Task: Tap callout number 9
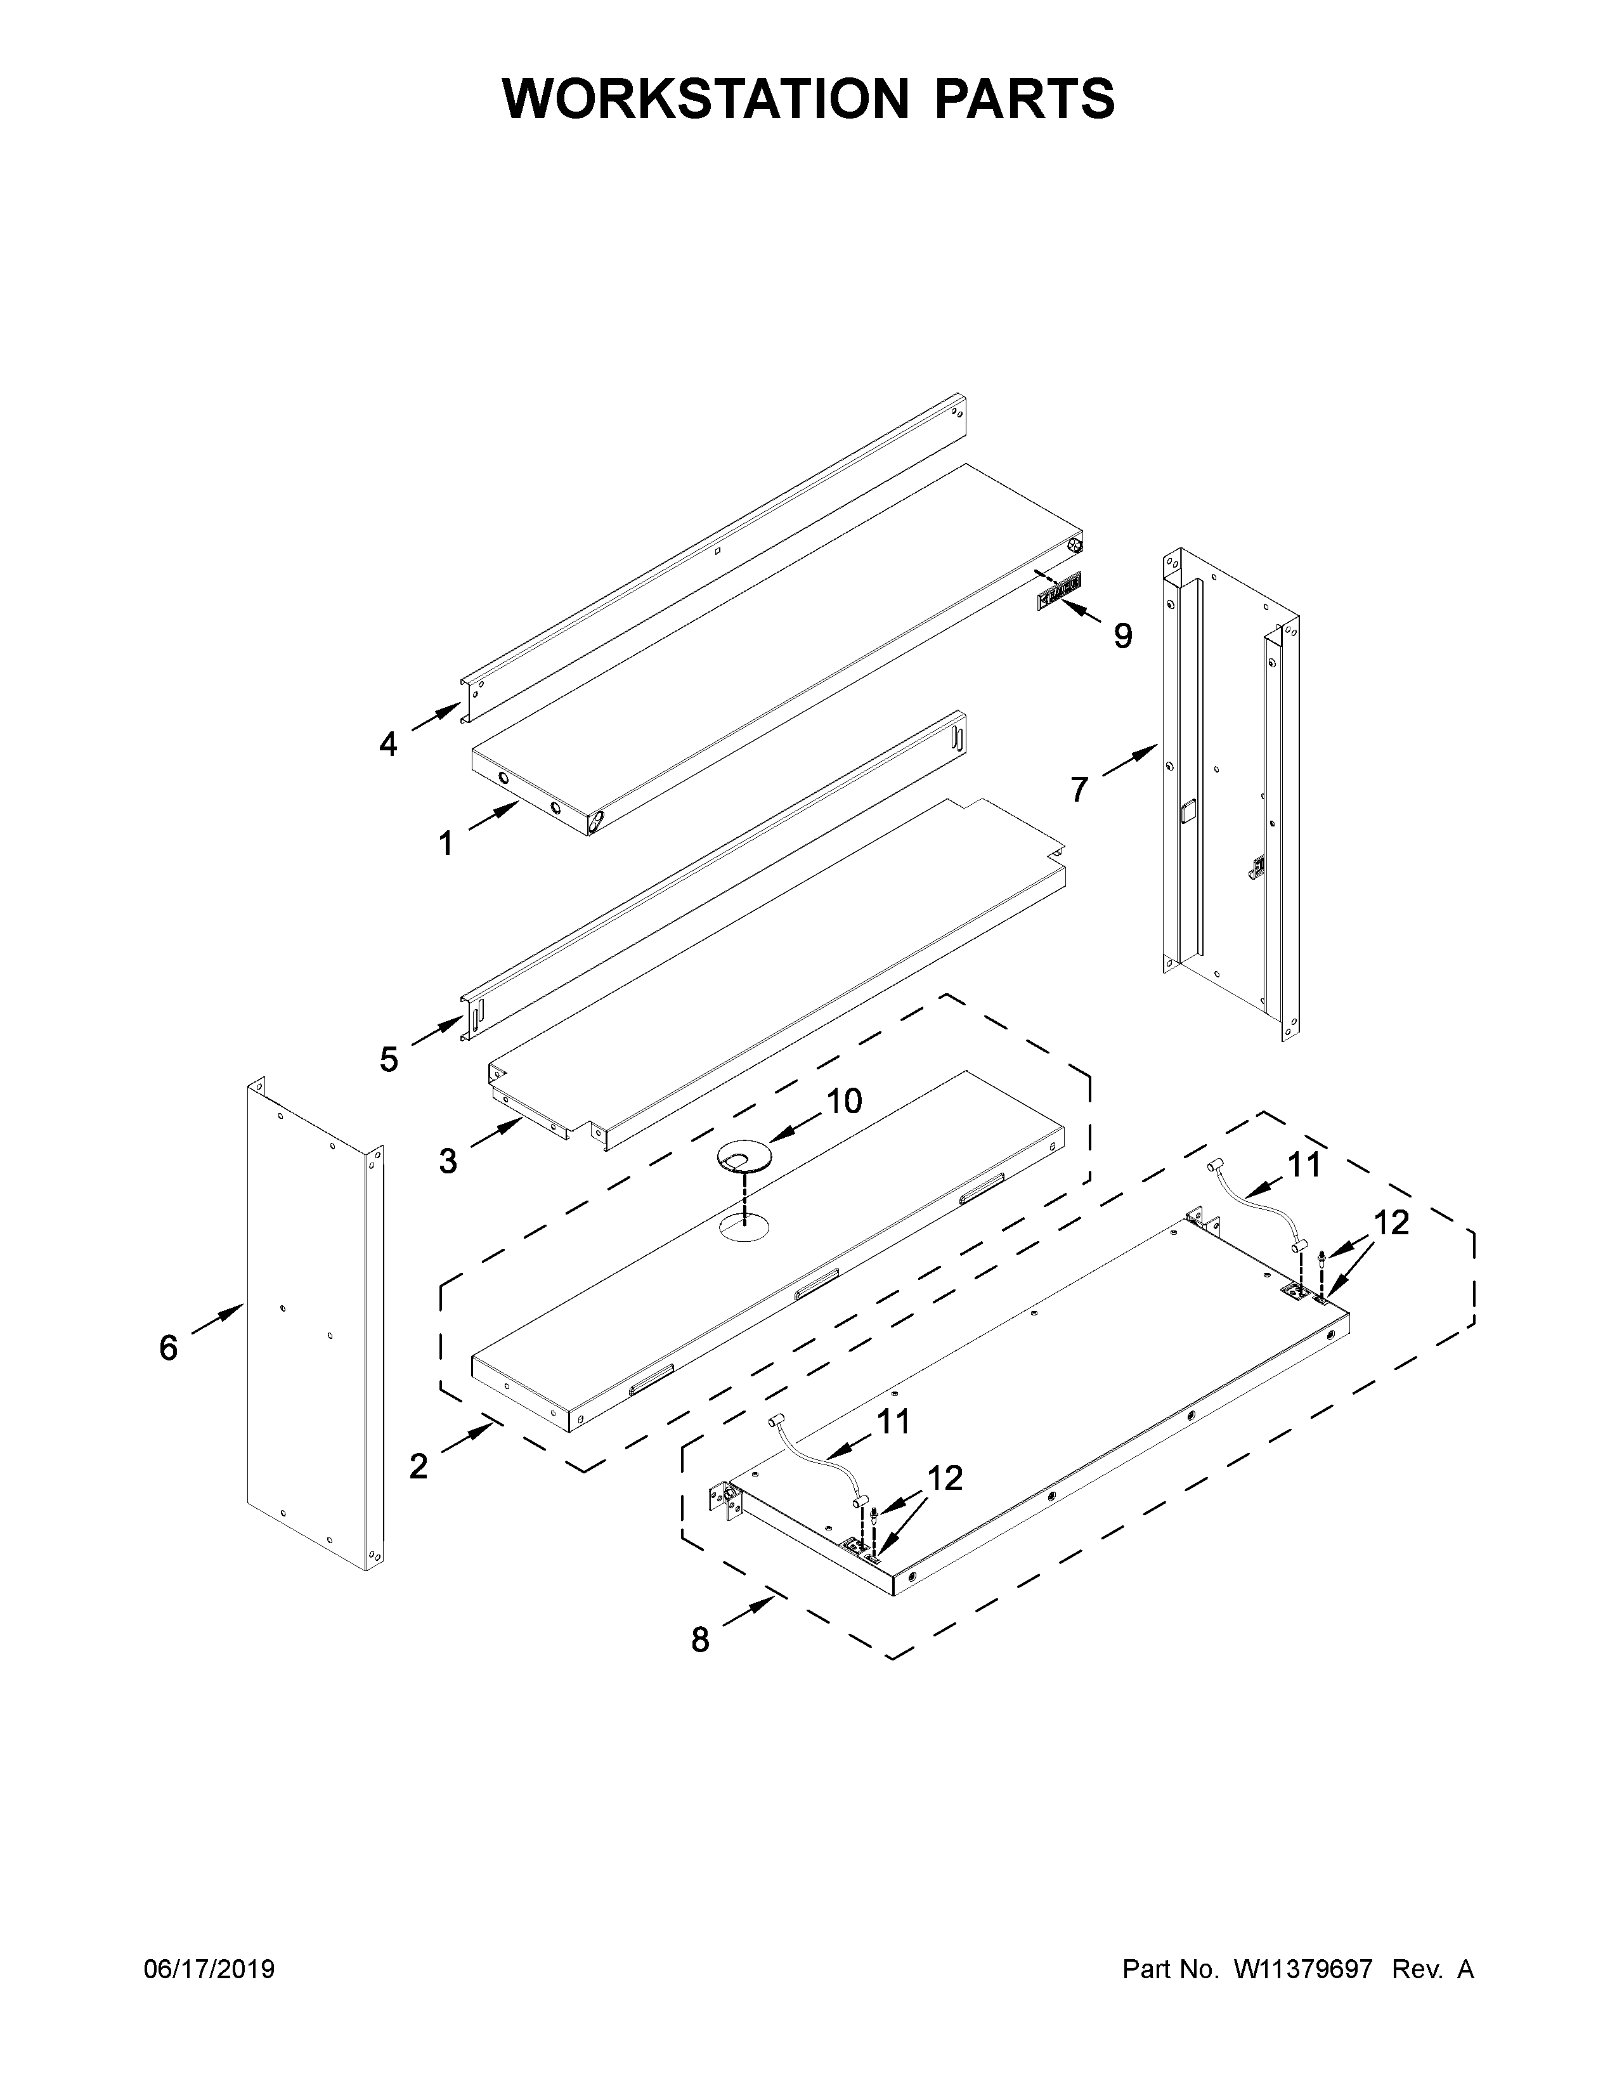(1122, 636)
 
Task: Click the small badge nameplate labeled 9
(1058, 590)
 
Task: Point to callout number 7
(1080, 790)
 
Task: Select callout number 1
(445, 844)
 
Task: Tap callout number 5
(388, 1060)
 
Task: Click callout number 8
(700, 1640)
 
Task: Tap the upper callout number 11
(1303, 1164)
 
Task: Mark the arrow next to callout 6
(218, 1319)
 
